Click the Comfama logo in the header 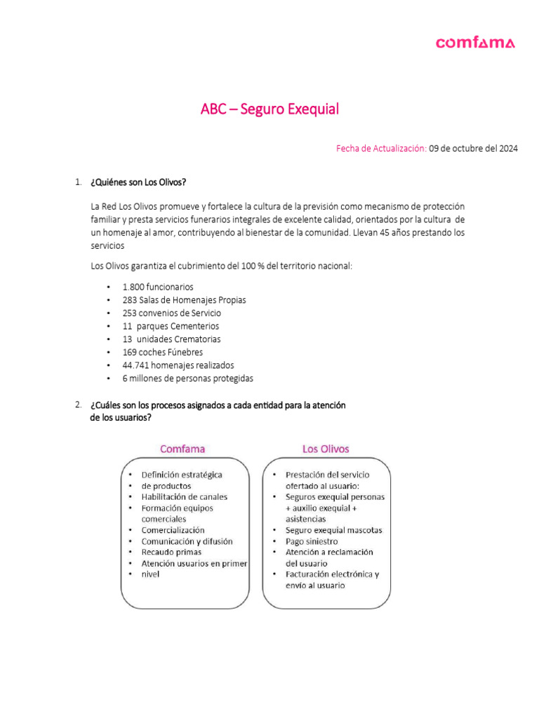click(x=475, y=43)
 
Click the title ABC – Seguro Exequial click(x=269, y=109)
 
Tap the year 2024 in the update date click(x=507, y=149)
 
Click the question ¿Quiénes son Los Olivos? click(x=138, y=183)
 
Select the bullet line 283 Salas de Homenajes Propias click(x=184, y=300)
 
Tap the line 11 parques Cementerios click(x=171, y=326)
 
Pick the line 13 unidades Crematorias click(x=171, y=339)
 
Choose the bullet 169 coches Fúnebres click(x=162, y=353)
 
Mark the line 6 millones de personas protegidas click(x=187, y=379)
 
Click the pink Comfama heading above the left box click(x=182, y=449)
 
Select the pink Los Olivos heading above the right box click(x=325, y=449)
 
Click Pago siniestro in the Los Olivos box click(x=312, y=541)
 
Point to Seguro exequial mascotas click(x=333, y=530)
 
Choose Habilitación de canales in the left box click(x=185, y=496)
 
